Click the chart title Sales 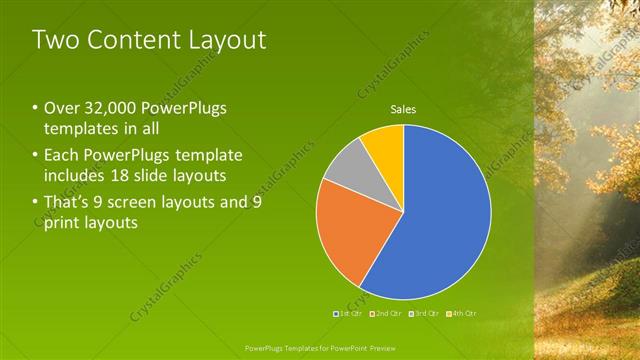pos(403,109)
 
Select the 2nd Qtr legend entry pos(388,314)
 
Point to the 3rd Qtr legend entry pos(426,314)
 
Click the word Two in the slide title pos(52,40)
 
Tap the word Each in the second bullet pos(62,156)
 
